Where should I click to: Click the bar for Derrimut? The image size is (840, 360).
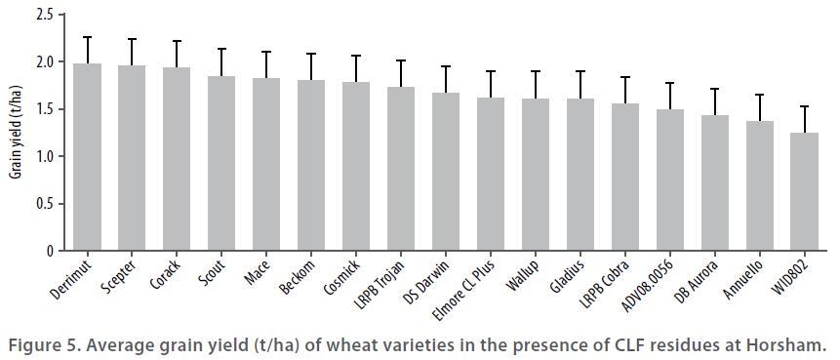(x=87, y=157)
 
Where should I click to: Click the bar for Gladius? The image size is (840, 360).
(x=580, y=175)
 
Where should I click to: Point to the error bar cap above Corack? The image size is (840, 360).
(x=177, y=41)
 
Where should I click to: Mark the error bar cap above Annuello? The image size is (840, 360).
(x=760, y=95)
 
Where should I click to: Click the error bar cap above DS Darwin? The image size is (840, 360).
(x=446, y=66)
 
